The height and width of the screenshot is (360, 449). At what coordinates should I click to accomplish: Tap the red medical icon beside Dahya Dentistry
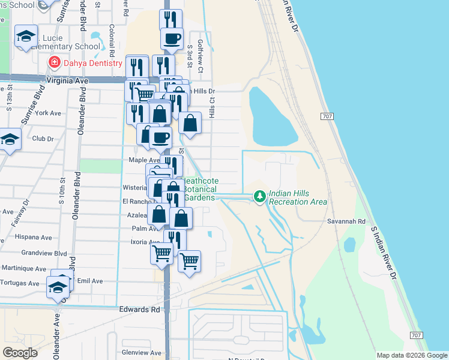[x=55, y=62]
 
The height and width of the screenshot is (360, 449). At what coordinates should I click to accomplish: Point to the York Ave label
[x=48, y=113]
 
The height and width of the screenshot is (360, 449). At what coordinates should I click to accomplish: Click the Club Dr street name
[x=43, y=139]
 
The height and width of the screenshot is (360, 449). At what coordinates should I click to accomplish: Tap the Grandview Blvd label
[x=44, y=253]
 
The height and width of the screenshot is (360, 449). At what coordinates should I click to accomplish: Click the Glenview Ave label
[x=142, y=353]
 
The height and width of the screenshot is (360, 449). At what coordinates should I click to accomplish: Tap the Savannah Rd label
[x=346, y=221]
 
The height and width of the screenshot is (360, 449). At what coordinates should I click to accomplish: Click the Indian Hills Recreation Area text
[x=298, y=197]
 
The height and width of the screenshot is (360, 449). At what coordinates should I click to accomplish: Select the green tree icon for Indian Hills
[x=259, y=196]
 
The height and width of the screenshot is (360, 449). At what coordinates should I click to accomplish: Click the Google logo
[x=20, y=353]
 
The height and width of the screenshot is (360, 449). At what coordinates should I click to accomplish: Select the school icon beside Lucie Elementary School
[x=26, y=37]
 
